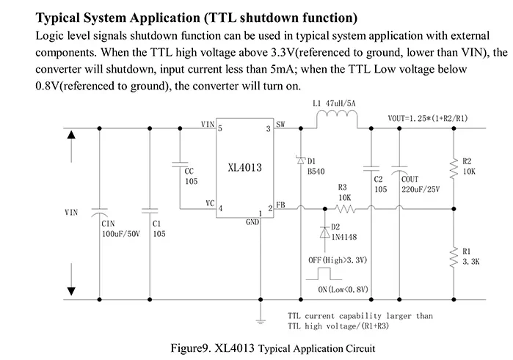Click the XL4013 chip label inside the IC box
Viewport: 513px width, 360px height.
click(245, 167)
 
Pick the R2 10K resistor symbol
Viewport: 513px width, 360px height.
click(454, 169)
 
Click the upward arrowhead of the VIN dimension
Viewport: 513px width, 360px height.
click(71, 136)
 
